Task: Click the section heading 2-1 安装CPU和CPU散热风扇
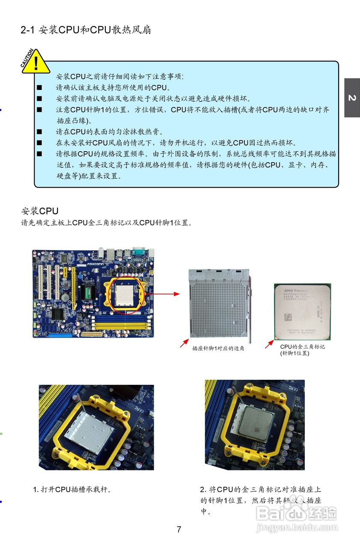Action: click(86, 30)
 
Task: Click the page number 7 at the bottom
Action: click(179, 530)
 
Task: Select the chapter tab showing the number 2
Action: click(352, 98)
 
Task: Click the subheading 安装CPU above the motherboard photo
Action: click(40, 211)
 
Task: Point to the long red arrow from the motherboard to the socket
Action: click(165, 294)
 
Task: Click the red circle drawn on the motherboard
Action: click(129, 295)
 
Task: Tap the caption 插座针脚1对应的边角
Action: click(218, 348)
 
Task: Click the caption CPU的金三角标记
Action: click(302, 346)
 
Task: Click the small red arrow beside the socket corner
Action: click(184, 343)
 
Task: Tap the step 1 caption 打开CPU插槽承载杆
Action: click(73, 489)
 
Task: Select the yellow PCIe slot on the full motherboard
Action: click(73, 286)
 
